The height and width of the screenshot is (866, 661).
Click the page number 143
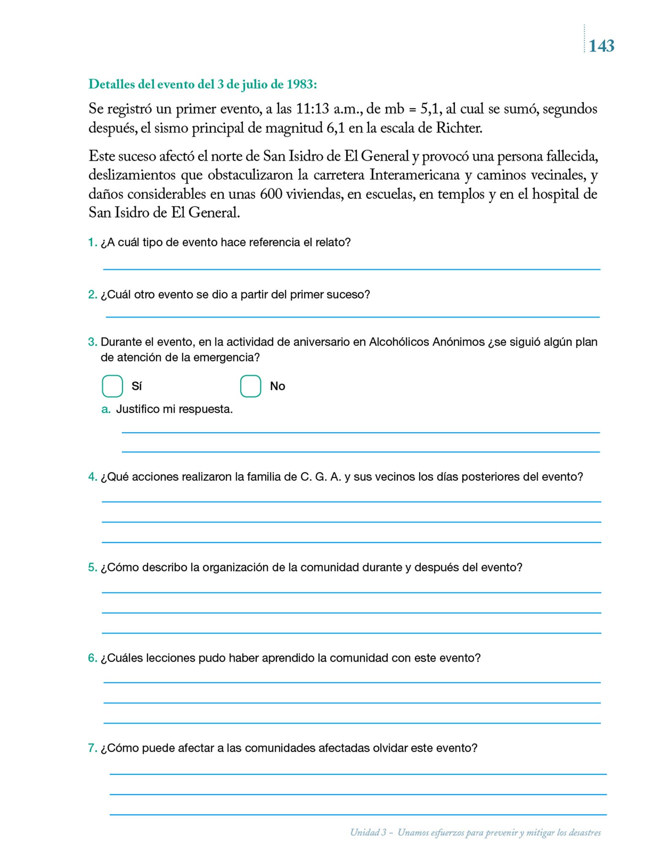[601, 46]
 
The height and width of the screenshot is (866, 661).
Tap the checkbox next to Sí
[112, 386]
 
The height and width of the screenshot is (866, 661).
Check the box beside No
[251, 386]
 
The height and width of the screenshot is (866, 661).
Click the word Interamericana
[415, 175]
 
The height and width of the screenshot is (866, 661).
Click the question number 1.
[92, 242]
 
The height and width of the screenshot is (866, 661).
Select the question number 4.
[92, 477]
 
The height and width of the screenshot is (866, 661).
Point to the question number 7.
[92, 748]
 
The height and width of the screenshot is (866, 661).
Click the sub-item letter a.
[106, 409]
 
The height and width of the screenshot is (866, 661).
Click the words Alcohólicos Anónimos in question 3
[426, 342]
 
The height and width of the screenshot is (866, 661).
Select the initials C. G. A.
[320, 477]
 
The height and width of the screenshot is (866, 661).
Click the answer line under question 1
[352, 269]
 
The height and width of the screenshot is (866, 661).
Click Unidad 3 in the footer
[368, 833]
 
